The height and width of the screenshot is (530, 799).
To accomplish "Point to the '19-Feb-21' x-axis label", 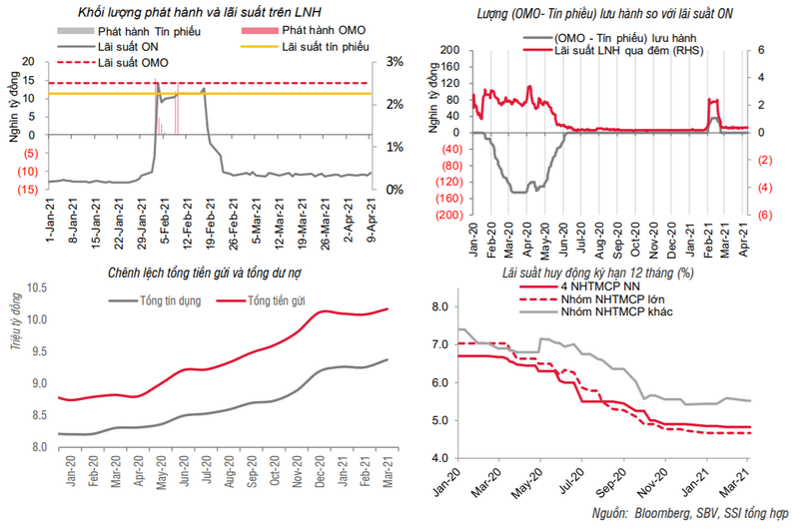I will tap(208, 221).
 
